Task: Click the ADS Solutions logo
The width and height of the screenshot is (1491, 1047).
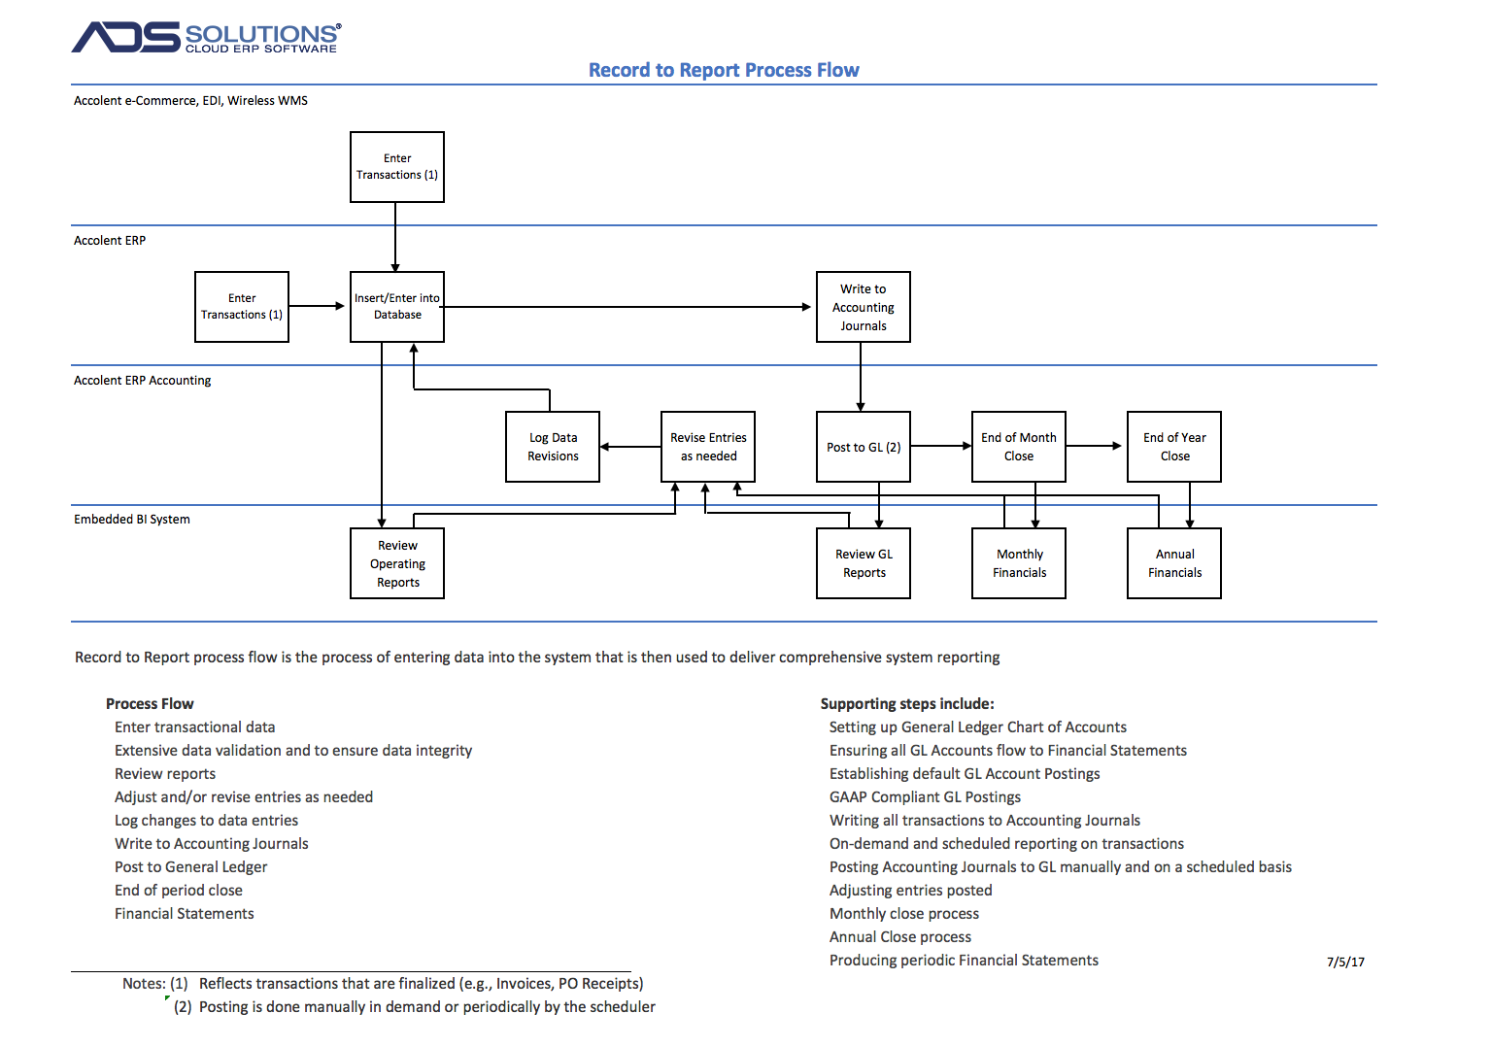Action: (x=206, y=37)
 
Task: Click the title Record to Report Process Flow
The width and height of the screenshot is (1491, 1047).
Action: (x=724, y=70)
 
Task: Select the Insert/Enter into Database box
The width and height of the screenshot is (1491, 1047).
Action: (x=396, y=307)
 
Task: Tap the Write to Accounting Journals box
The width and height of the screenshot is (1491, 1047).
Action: (x=864, y=307)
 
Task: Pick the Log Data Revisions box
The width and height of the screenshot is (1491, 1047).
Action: (x=553, y=447)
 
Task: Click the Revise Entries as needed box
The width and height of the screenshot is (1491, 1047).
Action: (x=707, y=447)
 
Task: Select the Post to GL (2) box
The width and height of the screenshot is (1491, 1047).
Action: (x=864, y=447)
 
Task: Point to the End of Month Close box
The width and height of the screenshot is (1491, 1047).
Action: (x=1018, y=447)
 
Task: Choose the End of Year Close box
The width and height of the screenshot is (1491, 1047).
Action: (x=1174, y=447)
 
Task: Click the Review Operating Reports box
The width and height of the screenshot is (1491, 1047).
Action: (x=396, y=563)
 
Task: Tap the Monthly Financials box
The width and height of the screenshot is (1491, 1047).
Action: (x=1018, y=563)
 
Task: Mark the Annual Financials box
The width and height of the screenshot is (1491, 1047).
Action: (x=1174, y=563)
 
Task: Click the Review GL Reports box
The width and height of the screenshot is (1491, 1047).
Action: (x=864, y=563)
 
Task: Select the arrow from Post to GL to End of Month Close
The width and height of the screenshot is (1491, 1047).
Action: (x=941, y=446)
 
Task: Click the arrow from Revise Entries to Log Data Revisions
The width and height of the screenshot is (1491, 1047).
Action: (x=630, y=447)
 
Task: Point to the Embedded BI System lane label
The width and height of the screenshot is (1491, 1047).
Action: (x=132, y=520)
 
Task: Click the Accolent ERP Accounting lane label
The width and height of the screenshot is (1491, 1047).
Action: (x=142, y=380)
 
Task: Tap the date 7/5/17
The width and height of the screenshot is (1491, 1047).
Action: (x=1345, y=962)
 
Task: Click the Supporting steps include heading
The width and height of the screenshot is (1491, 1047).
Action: (x=907, y=703)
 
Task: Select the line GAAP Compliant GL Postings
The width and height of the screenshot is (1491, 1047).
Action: (x=925, y=796)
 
